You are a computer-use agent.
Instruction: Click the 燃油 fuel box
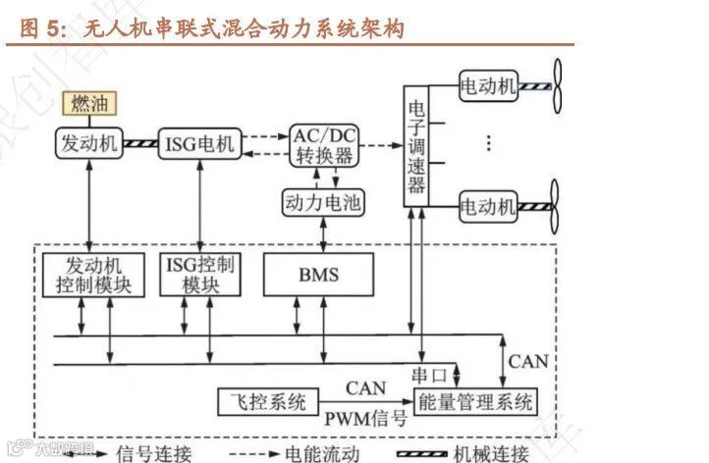[x=88, y=103]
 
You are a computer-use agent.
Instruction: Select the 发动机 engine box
[x=88, y=144]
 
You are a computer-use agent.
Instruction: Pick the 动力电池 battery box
[x=322, y=204]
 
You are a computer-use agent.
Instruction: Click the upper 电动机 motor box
[x=488, y=86]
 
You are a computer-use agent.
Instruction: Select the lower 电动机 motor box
[x=488, y=207]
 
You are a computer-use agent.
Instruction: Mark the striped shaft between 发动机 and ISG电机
[x=139, y=145]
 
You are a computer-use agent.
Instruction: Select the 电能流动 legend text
[x=320, y=453]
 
